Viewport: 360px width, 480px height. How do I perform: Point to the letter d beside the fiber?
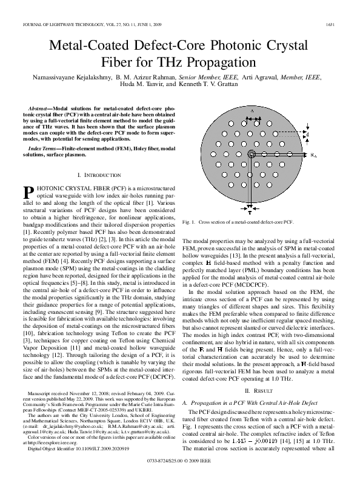point(307,133)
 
